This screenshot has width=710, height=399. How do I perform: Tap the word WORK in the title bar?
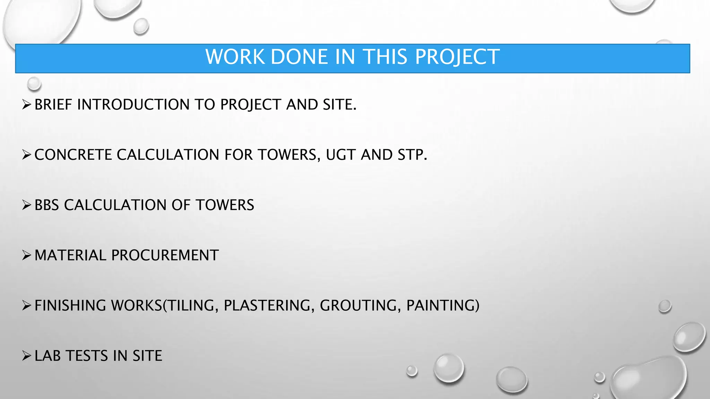tap(235, 57)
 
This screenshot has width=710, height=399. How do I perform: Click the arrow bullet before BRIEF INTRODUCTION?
tap(27, 104)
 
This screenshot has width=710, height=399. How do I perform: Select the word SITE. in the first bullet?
tap(339, 105)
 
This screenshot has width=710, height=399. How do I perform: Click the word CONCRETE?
tap(73, 155)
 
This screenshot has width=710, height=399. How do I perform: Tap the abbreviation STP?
tap(412, 155)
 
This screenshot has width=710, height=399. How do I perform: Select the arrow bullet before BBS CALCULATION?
tap(27, 205)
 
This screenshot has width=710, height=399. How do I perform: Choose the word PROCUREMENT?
tap(165, 255)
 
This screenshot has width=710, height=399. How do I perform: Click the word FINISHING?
tap(70, 305)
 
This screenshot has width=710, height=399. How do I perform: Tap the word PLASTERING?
tap(269, 305)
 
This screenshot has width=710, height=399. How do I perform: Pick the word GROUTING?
tap(360, 305)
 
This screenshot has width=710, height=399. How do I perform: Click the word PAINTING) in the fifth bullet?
tap(443, 305)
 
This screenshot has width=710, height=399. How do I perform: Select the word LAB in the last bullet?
tap(47, 356)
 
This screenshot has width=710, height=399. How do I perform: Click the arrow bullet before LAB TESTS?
tap(27, 355)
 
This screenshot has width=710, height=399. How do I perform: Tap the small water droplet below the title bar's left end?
tap(34, 83)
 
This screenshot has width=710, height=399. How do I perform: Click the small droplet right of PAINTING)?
tap(665, 306)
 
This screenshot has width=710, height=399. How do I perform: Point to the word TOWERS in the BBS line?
tap(225, 205)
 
